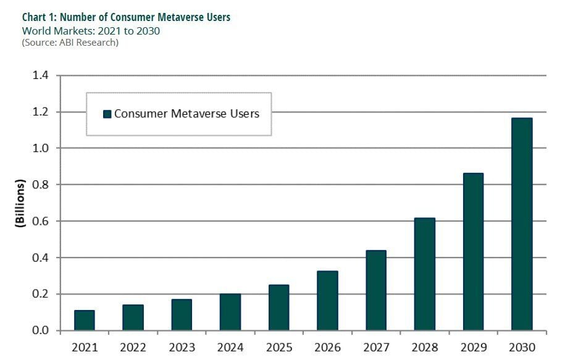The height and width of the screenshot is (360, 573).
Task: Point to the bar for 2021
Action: pyautogui.click(x=84, y=320)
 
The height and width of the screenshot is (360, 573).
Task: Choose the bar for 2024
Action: pyautogui.click(x=230, y=312)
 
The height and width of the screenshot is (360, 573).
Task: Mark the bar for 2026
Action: pyautogui.click(x=327, y=300)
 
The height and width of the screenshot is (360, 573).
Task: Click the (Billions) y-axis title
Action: pyautogui.click(x=20, y=204)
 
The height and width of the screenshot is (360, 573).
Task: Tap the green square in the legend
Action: pyautogui.click(x=107, y=114)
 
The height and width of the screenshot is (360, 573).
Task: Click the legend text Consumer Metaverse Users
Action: pyautogui.click(x=186, y=114)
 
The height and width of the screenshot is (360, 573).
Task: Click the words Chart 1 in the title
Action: pyautogui.click(x=38, y=17)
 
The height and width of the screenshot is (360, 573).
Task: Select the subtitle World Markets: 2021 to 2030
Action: pyautogui.click(x=91, y=30)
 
